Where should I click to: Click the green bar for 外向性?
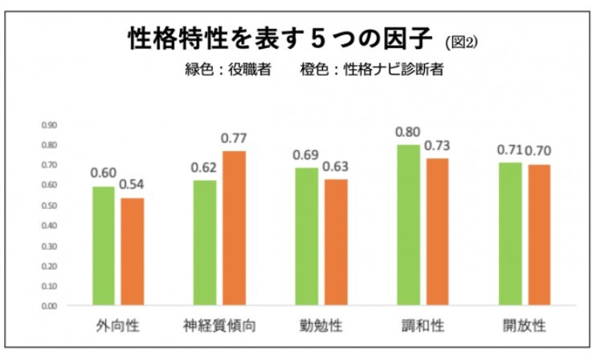click(x=104, y=246)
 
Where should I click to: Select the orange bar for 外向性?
click(x=132, y=252)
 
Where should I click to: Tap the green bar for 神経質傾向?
click(x=206, y=243)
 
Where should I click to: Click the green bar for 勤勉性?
click(x=308, y=236)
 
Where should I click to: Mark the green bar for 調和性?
click(x=409, y=225)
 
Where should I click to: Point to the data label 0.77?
click(x=234, y=139)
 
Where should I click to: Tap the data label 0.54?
click(x=132, y=186)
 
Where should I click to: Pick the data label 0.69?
click(x=308, y=155)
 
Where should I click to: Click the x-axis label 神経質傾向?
click(x=219, y=327)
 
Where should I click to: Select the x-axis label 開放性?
click(x=525, y=327)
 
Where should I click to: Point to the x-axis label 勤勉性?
click(x=321, y=327)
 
